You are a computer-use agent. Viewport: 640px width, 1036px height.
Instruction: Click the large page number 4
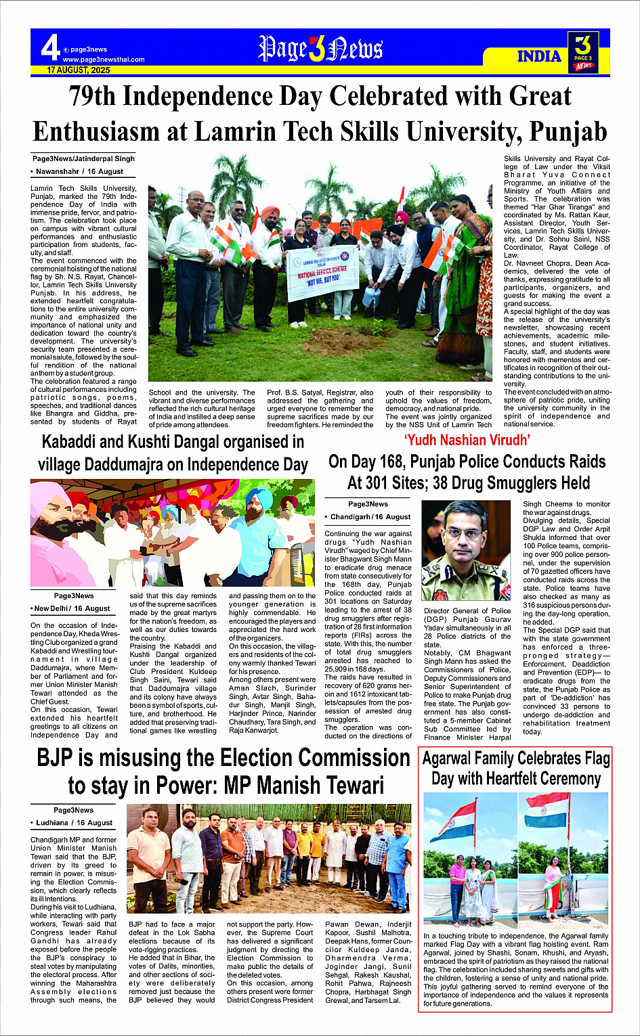pos(49,48)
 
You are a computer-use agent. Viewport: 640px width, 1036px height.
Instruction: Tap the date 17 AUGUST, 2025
pos(79,70)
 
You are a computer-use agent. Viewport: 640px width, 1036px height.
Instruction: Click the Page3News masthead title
pos(320,49)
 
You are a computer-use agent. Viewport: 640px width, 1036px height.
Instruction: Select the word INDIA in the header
pos(539,56)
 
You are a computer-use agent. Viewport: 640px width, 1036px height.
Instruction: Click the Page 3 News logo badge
pos(582,52)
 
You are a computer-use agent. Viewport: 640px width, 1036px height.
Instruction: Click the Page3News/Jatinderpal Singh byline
pos(83,158)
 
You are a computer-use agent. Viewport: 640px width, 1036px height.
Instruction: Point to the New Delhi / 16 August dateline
pos(74,608)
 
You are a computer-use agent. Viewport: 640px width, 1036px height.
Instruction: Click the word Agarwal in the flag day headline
pos(450,759)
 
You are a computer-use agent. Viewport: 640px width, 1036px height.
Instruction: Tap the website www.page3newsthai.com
pos(104,60)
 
